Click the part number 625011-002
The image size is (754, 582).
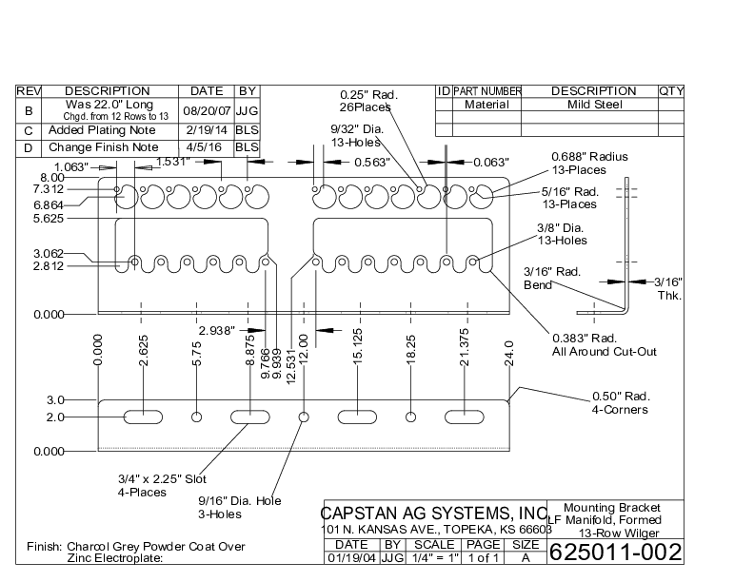(616, 552)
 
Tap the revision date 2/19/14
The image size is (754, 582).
(207, 129)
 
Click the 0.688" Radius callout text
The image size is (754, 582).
(590, 157)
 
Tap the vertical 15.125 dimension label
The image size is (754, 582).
(358, 350)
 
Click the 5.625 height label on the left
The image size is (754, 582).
(48, 218)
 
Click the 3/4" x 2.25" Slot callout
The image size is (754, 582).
(162, 484)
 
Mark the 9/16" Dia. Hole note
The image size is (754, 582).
(240, 507)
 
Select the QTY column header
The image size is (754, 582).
(671, 91)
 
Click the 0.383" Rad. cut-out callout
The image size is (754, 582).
(605, 345)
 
